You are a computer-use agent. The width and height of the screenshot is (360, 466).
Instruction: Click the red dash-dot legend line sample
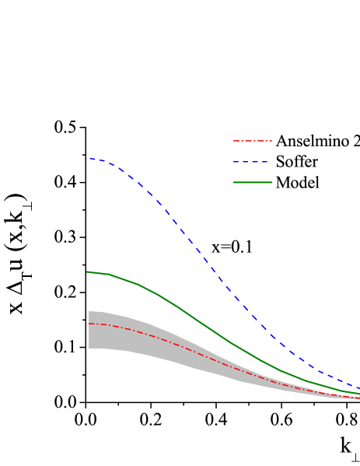point(253,141)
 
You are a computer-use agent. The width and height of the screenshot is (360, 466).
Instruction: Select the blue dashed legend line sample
point(253,162)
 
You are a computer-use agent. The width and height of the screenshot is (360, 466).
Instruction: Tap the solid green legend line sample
point(253,183)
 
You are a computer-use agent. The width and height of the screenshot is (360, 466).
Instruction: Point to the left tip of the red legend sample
point(233,141)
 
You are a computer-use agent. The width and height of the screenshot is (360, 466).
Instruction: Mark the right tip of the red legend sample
point(272,141)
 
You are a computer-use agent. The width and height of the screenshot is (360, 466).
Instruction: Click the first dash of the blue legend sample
point(236,162)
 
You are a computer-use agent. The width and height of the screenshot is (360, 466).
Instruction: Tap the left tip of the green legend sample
point(233,183)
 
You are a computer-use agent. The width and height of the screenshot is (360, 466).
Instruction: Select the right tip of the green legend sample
point(272,183)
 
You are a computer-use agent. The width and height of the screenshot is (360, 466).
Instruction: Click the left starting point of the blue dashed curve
point(89,159)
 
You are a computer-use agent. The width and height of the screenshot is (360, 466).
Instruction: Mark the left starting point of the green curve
point(87,272)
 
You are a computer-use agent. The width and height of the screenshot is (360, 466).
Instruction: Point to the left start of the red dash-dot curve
point(89,324)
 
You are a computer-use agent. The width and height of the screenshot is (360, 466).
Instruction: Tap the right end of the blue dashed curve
point(359,387)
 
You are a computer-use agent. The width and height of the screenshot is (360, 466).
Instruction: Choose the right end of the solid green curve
point(359,394)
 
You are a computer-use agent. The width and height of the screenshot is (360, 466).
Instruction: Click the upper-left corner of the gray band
point(89,310)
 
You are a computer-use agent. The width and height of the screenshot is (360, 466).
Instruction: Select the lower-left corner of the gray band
point(89,349)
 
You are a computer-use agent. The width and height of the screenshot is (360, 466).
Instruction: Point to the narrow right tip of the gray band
point(358,398)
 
